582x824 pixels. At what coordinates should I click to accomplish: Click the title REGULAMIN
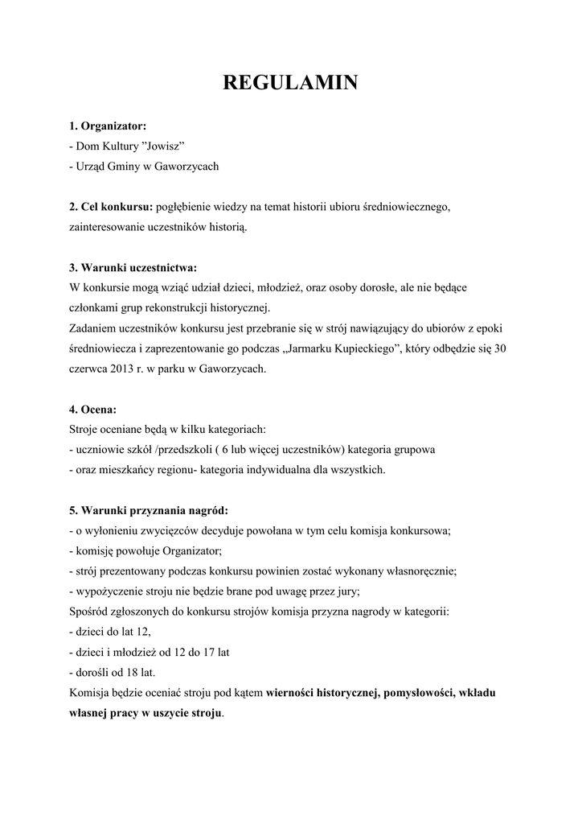coord(290,83)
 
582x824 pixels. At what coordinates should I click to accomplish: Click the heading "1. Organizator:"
coord(108,126)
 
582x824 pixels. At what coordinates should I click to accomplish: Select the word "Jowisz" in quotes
coord(164,146)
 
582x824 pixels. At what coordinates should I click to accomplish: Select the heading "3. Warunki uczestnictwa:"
coord(133,268)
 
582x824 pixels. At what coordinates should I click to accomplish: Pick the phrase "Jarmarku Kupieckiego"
coord(342,348)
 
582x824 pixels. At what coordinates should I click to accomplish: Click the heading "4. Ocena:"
coord(92,410)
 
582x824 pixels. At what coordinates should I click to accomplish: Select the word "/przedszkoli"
coord(188,450)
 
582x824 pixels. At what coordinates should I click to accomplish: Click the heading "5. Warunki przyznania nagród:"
coord(148,511)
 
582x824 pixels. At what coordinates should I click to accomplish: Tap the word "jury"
coord(346,591)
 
